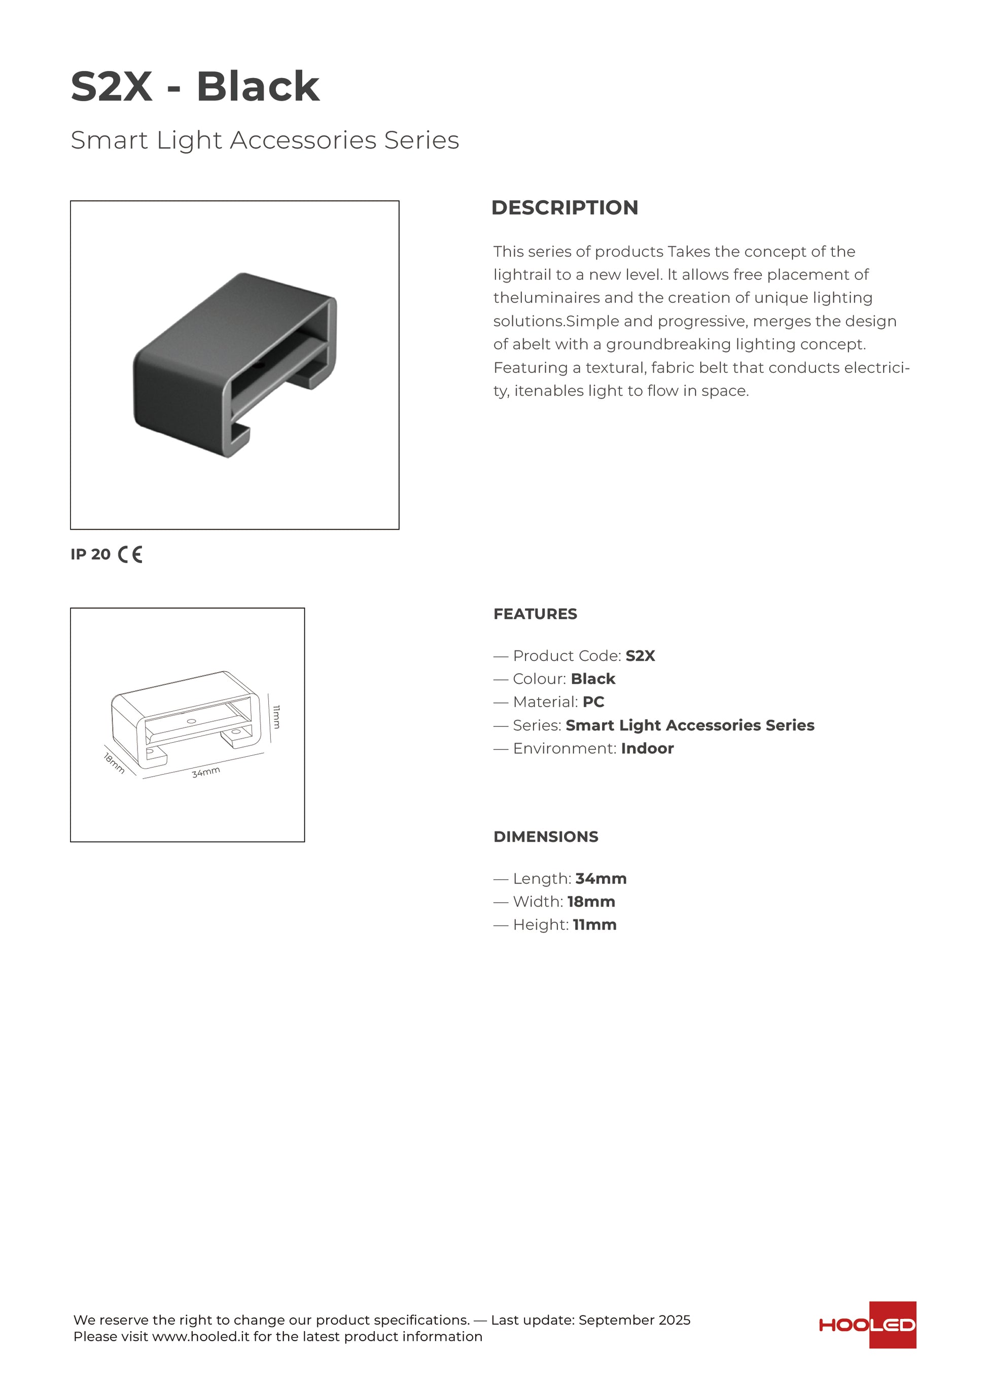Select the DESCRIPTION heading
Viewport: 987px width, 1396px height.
point(564,208)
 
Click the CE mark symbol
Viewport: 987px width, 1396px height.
point(130,554)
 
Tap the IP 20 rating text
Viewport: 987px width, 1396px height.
point(91,554)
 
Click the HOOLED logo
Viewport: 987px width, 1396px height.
point(867,1325)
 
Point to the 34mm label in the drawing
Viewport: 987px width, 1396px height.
point(206,772)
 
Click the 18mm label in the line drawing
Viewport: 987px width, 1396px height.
point(114,763)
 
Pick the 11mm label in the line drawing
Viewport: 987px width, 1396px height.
point(276,716)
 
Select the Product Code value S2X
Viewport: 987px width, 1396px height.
point(640,656)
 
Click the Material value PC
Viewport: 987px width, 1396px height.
point(593,702)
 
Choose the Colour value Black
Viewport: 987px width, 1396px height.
point(592,679)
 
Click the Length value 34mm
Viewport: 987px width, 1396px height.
point(601,879)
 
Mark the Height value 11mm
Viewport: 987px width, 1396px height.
point(594,925)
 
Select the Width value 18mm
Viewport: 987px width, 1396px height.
point(591,902)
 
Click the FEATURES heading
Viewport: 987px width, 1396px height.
point(535,614)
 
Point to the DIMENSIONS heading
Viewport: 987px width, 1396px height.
point(545,837)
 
